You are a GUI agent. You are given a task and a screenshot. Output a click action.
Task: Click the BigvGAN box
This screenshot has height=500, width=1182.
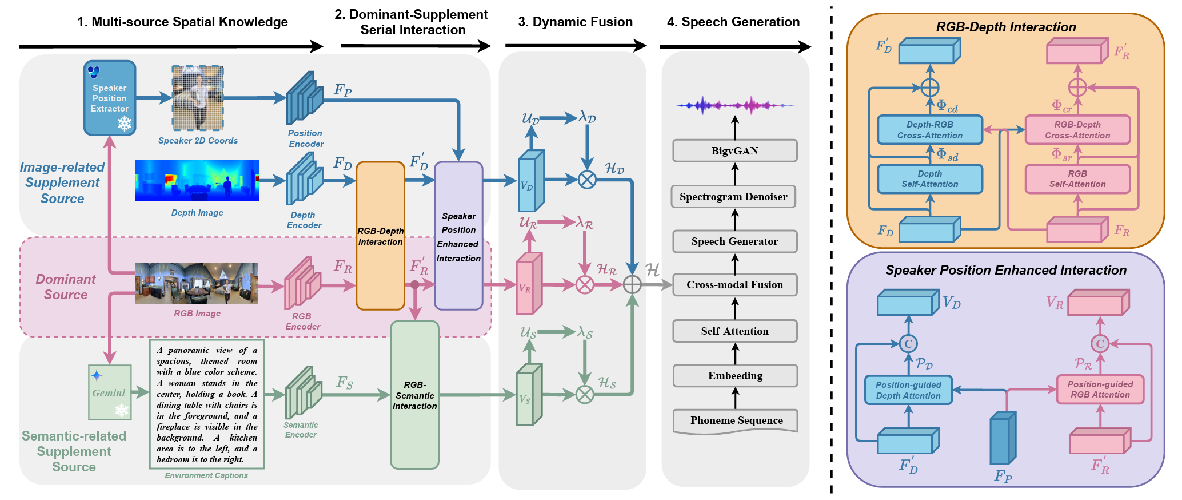pos(735,151)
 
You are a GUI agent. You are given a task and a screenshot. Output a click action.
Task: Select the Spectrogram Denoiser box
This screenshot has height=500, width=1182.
pos(734,197)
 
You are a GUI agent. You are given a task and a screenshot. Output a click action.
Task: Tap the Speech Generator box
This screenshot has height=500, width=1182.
pos(735,241)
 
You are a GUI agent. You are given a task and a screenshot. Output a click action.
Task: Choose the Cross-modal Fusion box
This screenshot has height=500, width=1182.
pos(735,285)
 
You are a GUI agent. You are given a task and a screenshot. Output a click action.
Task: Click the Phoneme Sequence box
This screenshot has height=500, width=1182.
pos(736,422)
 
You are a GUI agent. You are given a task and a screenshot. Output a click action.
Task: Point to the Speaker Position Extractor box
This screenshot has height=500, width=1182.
pos(110,98)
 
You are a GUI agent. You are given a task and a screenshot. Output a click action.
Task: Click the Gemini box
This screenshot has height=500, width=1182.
pos(110,392)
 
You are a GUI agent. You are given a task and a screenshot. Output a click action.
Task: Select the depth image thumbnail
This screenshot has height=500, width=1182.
pos(197,181)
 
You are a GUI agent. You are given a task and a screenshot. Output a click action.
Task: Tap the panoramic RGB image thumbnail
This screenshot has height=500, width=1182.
pos(197,283)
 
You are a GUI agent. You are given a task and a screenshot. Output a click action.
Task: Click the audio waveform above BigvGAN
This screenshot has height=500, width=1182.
pos(735,105)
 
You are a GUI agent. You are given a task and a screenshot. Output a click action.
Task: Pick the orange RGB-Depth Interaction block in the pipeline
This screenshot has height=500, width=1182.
pos(381,236)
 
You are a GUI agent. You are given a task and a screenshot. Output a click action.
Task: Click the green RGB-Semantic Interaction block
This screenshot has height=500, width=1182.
pos(415,395)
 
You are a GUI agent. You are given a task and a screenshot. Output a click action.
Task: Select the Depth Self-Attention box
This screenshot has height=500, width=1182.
pos(930,179)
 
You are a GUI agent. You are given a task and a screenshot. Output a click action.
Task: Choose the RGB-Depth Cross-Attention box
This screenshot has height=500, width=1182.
pos(1077,130)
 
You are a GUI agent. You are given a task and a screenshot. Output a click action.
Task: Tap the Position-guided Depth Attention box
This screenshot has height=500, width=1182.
pos(908,390)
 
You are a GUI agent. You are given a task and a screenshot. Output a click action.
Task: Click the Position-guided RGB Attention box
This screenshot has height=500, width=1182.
pos(1100,390)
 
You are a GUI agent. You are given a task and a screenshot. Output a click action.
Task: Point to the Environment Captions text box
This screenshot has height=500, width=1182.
pos(207,404)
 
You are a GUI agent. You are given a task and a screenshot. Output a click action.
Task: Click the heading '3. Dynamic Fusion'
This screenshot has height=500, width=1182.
pos(576,22)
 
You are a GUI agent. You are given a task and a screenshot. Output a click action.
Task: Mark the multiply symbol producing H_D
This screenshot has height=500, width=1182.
pos(587,180)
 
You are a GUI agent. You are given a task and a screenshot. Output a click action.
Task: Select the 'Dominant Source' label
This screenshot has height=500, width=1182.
pos(66,287)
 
